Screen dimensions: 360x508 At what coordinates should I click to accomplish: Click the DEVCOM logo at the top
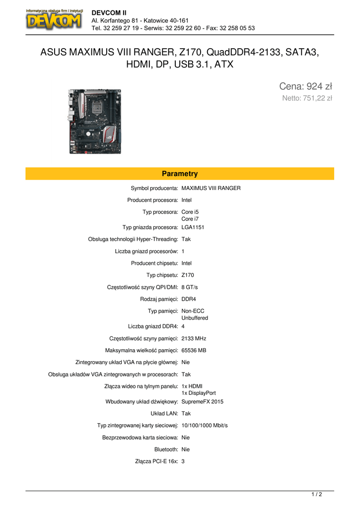pos(55,19)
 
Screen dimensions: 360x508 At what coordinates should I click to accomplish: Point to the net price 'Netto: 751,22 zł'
pos(307,98)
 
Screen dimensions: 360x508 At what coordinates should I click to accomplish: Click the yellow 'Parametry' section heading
pos(180,174)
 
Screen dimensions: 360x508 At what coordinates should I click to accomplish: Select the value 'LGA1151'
pos(193,227)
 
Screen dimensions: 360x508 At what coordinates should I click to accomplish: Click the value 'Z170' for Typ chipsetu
pos(188,275)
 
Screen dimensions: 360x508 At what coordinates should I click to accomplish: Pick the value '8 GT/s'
pos(190,287)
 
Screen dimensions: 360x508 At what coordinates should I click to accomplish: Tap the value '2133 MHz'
pos(194,338)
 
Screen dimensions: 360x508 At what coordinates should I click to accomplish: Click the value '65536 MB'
pos(194,350)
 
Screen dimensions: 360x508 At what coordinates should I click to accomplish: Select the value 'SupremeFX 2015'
pos(203,401)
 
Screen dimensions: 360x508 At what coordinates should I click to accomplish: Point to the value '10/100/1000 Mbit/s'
pos(205,425)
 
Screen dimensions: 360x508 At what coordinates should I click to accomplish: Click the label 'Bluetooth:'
pos(166,449)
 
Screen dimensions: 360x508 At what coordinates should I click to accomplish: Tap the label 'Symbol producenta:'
pos(154,188)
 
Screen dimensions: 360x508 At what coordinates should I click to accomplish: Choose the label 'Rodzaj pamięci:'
pos(159,299)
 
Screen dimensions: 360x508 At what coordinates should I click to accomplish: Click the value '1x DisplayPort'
pos(199,393)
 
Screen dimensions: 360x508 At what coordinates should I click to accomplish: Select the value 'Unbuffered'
pos(195,317)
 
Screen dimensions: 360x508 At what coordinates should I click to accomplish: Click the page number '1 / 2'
pos(317,494)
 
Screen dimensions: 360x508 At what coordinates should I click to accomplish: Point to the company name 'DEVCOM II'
pos(109,12)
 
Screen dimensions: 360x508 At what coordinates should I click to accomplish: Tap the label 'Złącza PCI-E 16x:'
pos(156,461)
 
